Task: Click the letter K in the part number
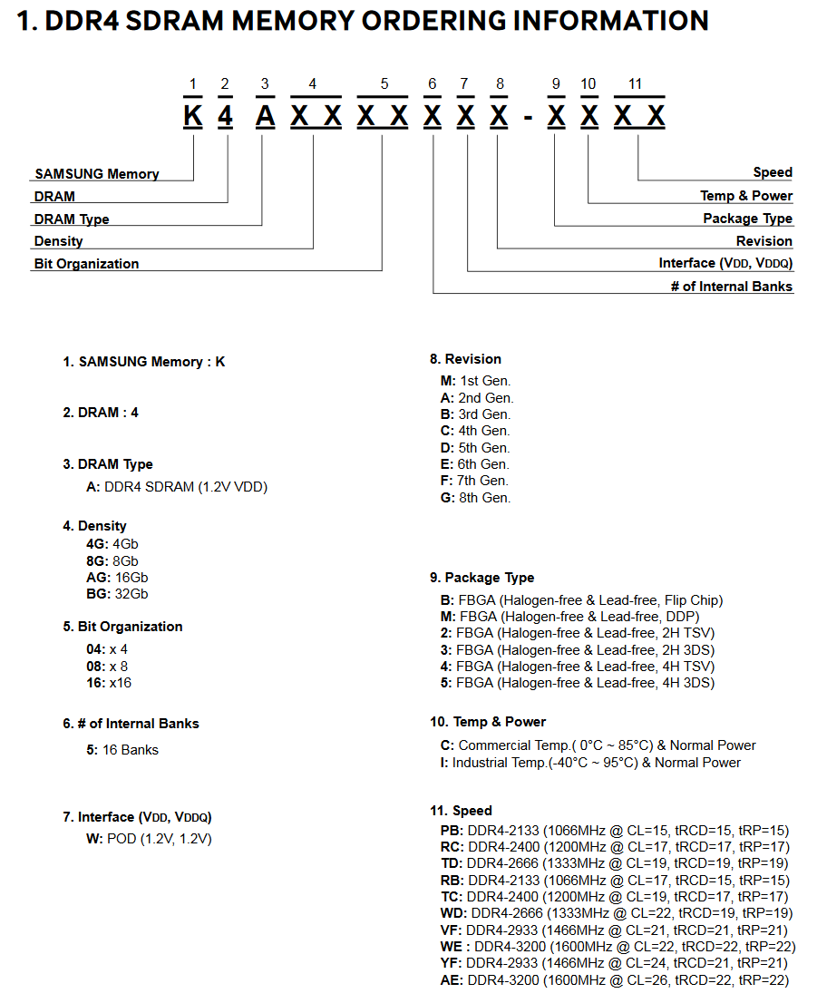pos(192,116)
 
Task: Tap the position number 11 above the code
pos(635,84)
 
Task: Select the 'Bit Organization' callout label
pos(86,264)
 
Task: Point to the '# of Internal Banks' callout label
pos(732,287)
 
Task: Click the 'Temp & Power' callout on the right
pos(745,196)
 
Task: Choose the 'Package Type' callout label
pos(747,219)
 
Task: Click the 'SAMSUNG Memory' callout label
pos(96,173)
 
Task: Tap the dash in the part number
pos(528,117)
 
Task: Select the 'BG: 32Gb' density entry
pos(117,594)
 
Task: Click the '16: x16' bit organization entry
pos(108,682)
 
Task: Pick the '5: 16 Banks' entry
pos(122,750)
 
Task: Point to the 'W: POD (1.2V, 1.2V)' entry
pos(149,839)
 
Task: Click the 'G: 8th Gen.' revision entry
pos(475,497)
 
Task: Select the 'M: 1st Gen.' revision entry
pos(475,381)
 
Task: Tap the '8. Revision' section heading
pos(465,359)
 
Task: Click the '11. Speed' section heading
pos(461,811)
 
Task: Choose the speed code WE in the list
pos(451,947)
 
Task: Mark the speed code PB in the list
pos(451,830)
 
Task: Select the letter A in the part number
pos(264,116)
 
